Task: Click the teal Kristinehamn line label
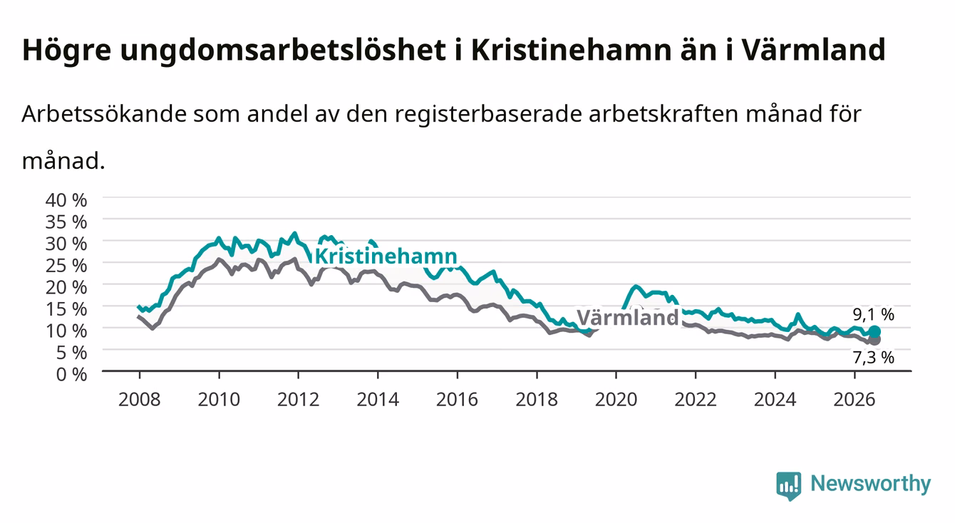click(x=386, y=257)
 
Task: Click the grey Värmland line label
click(x=628, y=318)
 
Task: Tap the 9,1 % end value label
click(x=874, y=314)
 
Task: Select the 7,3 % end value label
click(x=874, y=358)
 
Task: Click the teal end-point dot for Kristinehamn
click(x=874, y=331)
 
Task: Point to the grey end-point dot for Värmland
click(x=875, y=340)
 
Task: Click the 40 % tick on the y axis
click(x=66, y=200)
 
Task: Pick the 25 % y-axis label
click(x=66, y=266)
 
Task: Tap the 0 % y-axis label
click(x=71, y=374)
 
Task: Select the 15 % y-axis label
click(x=66, y=309)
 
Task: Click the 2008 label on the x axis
click(x=140, y=400)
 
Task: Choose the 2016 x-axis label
click(x=457, y=400)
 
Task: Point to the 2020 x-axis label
click(x=616, y=400)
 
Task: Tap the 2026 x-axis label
click(x=855, y=400)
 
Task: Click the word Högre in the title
click(x=67, y=51)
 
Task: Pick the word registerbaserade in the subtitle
click(x=488, y=115)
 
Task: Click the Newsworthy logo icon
click(x=789, y=486)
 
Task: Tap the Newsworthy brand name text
click(x=871, y=484)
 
